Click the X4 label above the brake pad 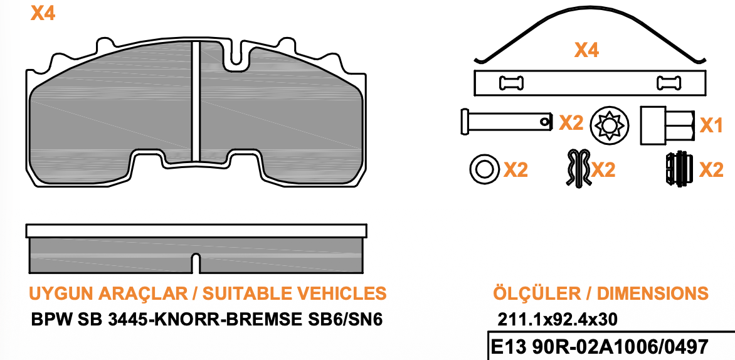click(43, 13)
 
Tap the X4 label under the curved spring click(587, 50)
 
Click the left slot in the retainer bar click(511, 83)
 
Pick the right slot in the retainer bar click(669, 83)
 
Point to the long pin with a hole click(506, 122)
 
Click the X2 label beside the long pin click(571, 123)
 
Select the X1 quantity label click(711, 125)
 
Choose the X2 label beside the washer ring click(516, 170)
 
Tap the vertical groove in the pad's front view click(196, 101)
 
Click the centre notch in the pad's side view click(196, 263)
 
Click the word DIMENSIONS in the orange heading click(652, 294)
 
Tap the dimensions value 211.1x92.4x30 click(558, 320)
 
